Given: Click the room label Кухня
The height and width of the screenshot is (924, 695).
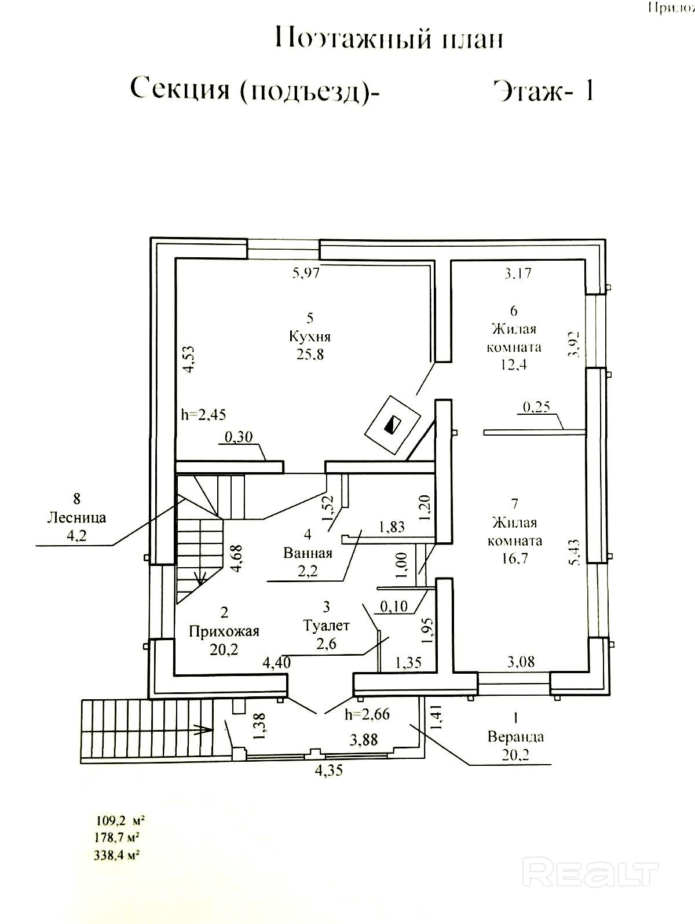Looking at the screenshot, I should pos(309,337).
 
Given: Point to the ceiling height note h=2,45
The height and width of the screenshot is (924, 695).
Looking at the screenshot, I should pos(203,415).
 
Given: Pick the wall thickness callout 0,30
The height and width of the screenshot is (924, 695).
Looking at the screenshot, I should pos(237,437).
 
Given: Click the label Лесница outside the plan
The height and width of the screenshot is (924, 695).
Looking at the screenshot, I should pos(77,517).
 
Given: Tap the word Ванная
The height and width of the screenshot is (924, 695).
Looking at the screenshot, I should pos(308,553).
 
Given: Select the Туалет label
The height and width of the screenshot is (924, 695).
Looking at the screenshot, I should pos(327,626).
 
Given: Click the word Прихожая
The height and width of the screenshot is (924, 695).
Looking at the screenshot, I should pos(224,631).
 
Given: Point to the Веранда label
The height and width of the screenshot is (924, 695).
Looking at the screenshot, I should pos(515,737).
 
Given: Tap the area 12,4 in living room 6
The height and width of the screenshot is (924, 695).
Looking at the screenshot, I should pos(514,365).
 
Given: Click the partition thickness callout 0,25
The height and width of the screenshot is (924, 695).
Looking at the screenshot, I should pos(536,407).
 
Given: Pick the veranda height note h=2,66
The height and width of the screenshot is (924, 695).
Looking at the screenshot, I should pos(367,714).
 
